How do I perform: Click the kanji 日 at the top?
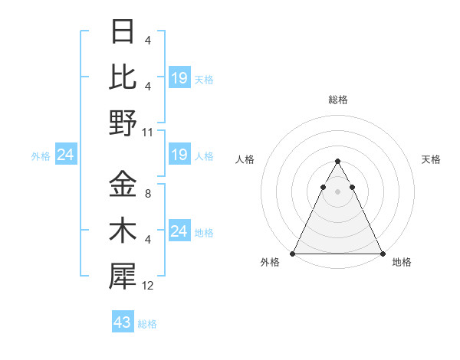pyautogui.click(x=123, y=32)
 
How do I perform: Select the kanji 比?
pyautogui.click(x=123, y=77)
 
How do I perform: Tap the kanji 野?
pyautogui.click(x=123, y=123)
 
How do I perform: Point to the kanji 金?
pyautogui.click(x=123, y=185)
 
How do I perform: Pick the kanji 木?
pyautogui.click(x=123, y=230)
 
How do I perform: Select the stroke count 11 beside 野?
pyautogui.click(x=148, y=133)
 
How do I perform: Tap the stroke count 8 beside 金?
pyautogui.click(x=147, y=194)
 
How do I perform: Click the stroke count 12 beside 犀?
pyautogui.click(x=148, y=286)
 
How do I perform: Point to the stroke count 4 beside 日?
pyautogui.click(x=147, y=40)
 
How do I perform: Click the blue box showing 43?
pyautogui.click(x=123, y=322)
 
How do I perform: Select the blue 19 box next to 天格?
pyautogui.click(x=179, y=78)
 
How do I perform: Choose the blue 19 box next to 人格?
pyautogui.click(x=179, y=155)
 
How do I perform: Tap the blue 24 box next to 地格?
pyautogui.click(x=179, y=231)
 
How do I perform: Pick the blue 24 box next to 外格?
pyautogui.click(x=66, y=155)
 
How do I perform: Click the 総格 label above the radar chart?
pyautogui.click(x=337, y=100)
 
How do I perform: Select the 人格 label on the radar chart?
pyautogui.click(x=246, y=159)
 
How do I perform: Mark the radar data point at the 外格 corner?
pyautogui.click(x=293, y=254)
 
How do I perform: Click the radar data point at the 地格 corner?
pyautogui.click(x=382, y=254)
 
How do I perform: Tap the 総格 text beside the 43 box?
pyautogui.click(x=148, y=324)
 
